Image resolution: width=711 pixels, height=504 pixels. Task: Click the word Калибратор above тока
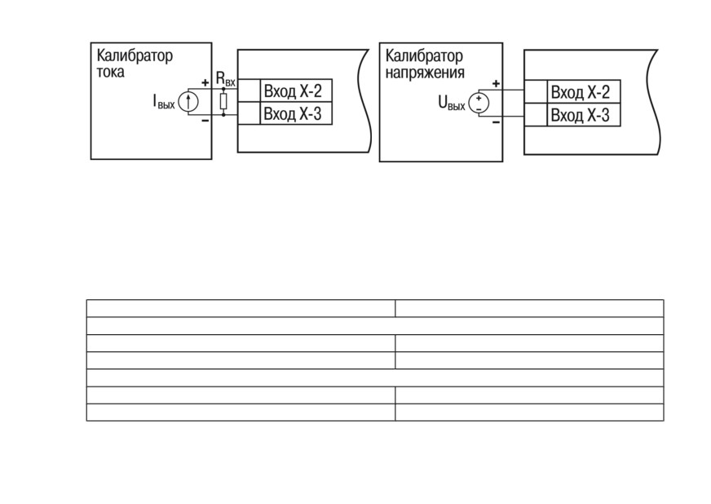[x=135, y=55]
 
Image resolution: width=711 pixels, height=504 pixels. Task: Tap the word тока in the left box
[x=111, y=72]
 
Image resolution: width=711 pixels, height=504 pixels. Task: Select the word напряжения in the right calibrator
[x=425, y=73]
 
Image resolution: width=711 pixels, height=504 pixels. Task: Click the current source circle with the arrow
[x=188, y=102]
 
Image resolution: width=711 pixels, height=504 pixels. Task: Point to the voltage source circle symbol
[x=479, y=103]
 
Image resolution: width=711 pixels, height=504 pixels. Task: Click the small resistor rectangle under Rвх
[x=223, y=102]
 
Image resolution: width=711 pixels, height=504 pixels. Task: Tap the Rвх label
[x=225, y=78]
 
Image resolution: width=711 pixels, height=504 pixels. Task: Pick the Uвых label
[x=452, y=103]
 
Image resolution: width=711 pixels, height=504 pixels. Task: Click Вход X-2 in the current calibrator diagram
[x=293, y=91]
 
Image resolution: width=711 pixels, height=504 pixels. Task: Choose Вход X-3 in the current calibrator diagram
[x=293, y=113]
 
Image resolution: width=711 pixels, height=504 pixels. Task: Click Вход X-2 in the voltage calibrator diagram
[x=581, y=92]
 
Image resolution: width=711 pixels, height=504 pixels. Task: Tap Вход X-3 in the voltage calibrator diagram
[x=581, y=115]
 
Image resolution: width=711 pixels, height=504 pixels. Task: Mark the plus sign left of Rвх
[x=205, y=82]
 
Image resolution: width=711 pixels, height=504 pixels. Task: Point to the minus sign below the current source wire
[x=205, y=121]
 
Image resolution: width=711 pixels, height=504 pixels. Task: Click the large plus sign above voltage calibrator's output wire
[x=496, y=83]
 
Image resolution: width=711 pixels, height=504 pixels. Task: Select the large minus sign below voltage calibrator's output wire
[x=496, y=122]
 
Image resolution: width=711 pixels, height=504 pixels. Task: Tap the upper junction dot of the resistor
[x=223, y=89]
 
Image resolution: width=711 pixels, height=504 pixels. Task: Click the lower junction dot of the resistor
[x=223, y=115]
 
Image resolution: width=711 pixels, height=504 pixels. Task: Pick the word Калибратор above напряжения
[x=424, y=56]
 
